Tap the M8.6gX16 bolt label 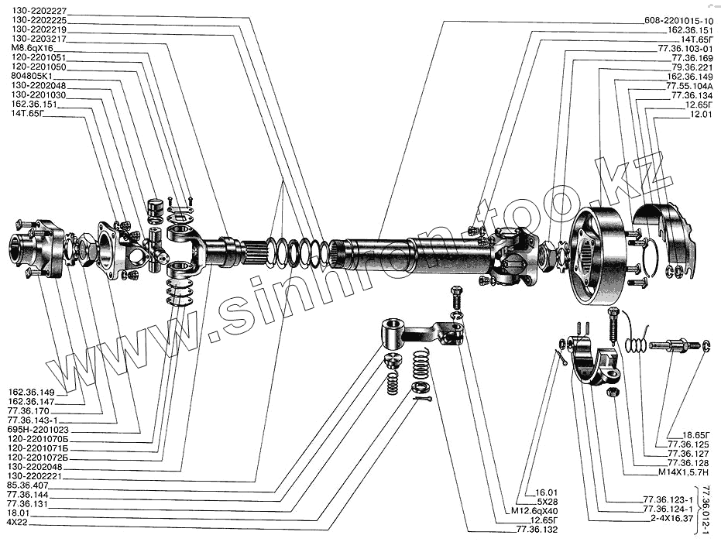33,48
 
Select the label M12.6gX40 542,510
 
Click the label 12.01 699,113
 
